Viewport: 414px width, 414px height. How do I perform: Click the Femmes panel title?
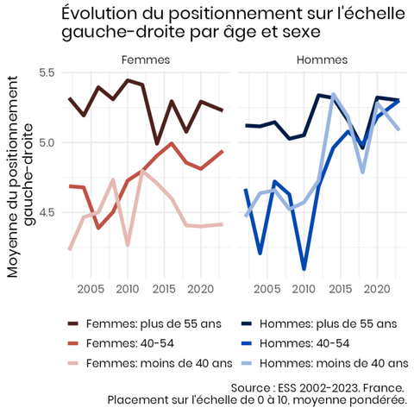point(146,60)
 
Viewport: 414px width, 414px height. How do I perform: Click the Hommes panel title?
point(322,60)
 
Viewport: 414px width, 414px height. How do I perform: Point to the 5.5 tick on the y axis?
point(47,72)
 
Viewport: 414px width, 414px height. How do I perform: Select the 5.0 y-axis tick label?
point(47,142)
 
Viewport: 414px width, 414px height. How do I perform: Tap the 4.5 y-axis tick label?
point(47,213)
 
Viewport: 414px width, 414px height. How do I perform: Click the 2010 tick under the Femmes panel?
point(128,289)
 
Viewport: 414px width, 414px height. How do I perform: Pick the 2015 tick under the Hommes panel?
point(341,289)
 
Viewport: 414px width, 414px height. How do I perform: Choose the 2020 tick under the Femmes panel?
point(201,289)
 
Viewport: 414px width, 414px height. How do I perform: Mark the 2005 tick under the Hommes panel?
point(267,289)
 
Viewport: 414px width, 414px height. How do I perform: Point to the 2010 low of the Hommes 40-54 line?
point(304,269)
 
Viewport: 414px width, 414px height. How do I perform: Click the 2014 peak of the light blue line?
point(333,94)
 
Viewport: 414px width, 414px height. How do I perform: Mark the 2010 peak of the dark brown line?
point(128,80)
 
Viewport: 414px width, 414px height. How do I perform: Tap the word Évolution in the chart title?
point(99,14)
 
